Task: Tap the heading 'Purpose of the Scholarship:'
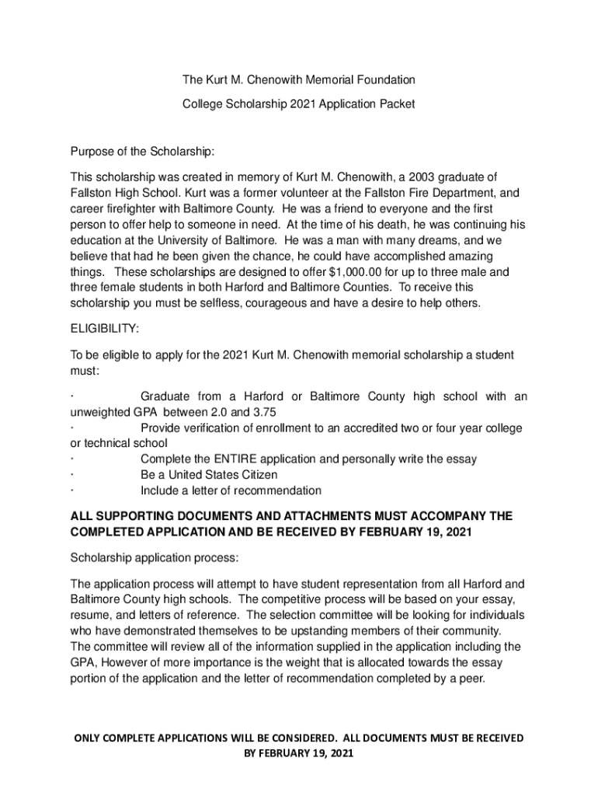click(142, 151)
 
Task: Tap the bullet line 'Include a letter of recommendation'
click(231, 491)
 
